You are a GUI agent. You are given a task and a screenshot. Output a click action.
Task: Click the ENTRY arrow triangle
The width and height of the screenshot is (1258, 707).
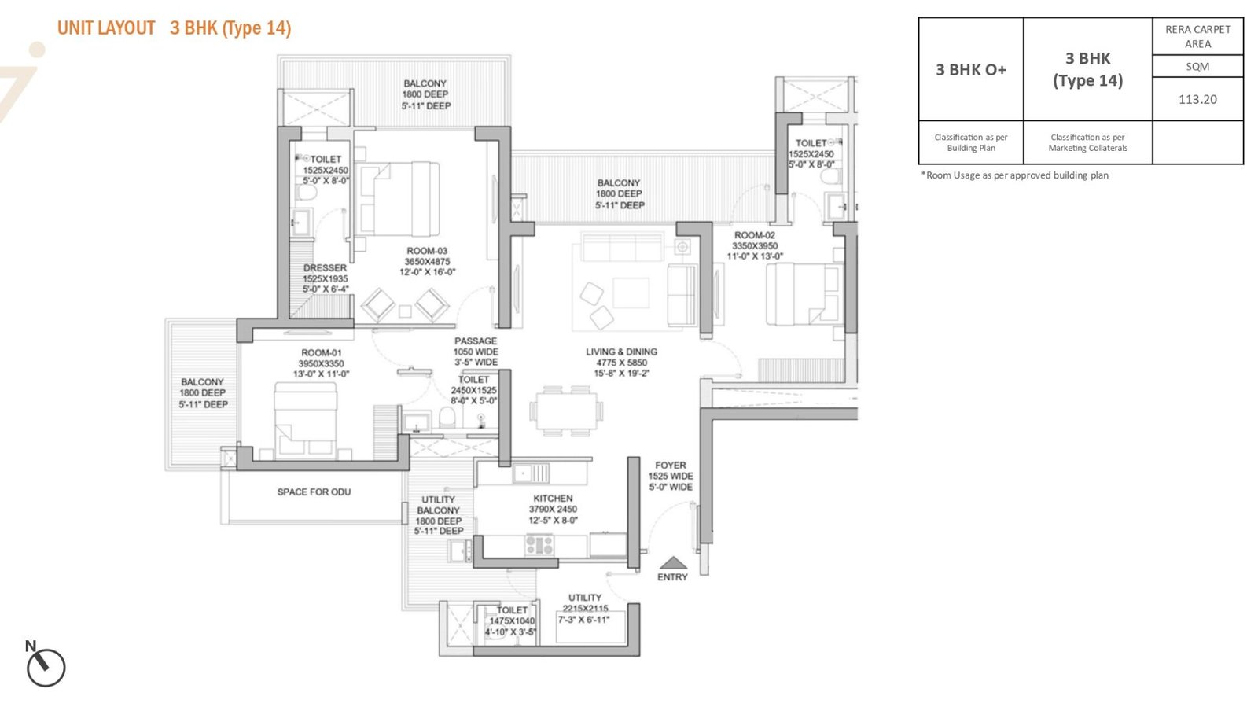(673, 562)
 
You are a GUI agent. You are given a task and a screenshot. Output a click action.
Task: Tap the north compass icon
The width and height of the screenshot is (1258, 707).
(46, 667)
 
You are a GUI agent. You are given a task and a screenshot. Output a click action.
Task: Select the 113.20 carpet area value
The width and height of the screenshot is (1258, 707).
(1197, 99)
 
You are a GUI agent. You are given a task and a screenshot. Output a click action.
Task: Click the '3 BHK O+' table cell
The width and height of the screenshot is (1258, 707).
(971, 70)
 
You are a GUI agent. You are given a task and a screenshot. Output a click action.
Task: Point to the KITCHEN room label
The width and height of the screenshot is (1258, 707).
(554, 498)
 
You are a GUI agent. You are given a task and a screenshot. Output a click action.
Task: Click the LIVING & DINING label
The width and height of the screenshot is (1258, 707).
(621, 352)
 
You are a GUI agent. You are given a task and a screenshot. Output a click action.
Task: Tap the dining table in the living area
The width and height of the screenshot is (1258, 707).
(566, 411)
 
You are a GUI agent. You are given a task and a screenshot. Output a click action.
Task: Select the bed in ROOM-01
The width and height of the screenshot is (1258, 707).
(306, 418)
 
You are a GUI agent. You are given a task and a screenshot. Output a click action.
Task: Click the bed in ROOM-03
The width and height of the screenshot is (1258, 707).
(399, 199)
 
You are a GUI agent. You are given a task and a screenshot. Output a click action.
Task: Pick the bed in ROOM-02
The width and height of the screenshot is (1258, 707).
(805, 293)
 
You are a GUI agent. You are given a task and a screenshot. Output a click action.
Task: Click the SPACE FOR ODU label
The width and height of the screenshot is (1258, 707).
(314, 492)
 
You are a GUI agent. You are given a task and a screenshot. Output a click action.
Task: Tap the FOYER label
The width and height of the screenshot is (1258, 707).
(671, 465)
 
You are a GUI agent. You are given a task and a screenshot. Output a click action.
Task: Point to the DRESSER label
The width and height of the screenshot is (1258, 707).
(326, 268)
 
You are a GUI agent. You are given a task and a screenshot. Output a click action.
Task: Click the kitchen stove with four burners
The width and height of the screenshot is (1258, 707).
(539, 545)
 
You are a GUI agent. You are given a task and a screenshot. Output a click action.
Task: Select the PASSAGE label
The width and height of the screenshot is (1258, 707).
(476, 341)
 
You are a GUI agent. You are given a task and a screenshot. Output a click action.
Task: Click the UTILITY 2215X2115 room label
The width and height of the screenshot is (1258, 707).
(585, 602)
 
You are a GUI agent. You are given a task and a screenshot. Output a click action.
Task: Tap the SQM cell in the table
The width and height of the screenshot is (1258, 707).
(1197, 66)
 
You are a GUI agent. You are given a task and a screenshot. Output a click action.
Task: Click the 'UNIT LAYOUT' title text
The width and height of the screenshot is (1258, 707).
(106, 28)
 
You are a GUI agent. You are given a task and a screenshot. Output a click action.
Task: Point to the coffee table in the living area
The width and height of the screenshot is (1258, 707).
(631, 293)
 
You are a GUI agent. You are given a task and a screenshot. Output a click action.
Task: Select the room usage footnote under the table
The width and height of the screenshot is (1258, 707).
(1015, 175)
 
